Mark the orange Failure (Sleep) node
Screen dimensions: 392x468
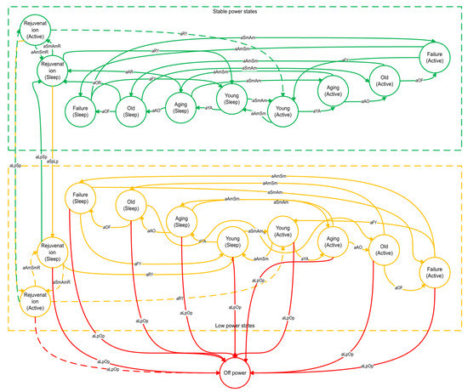84,202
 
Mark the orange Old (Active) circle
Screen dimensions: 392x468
384,247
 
